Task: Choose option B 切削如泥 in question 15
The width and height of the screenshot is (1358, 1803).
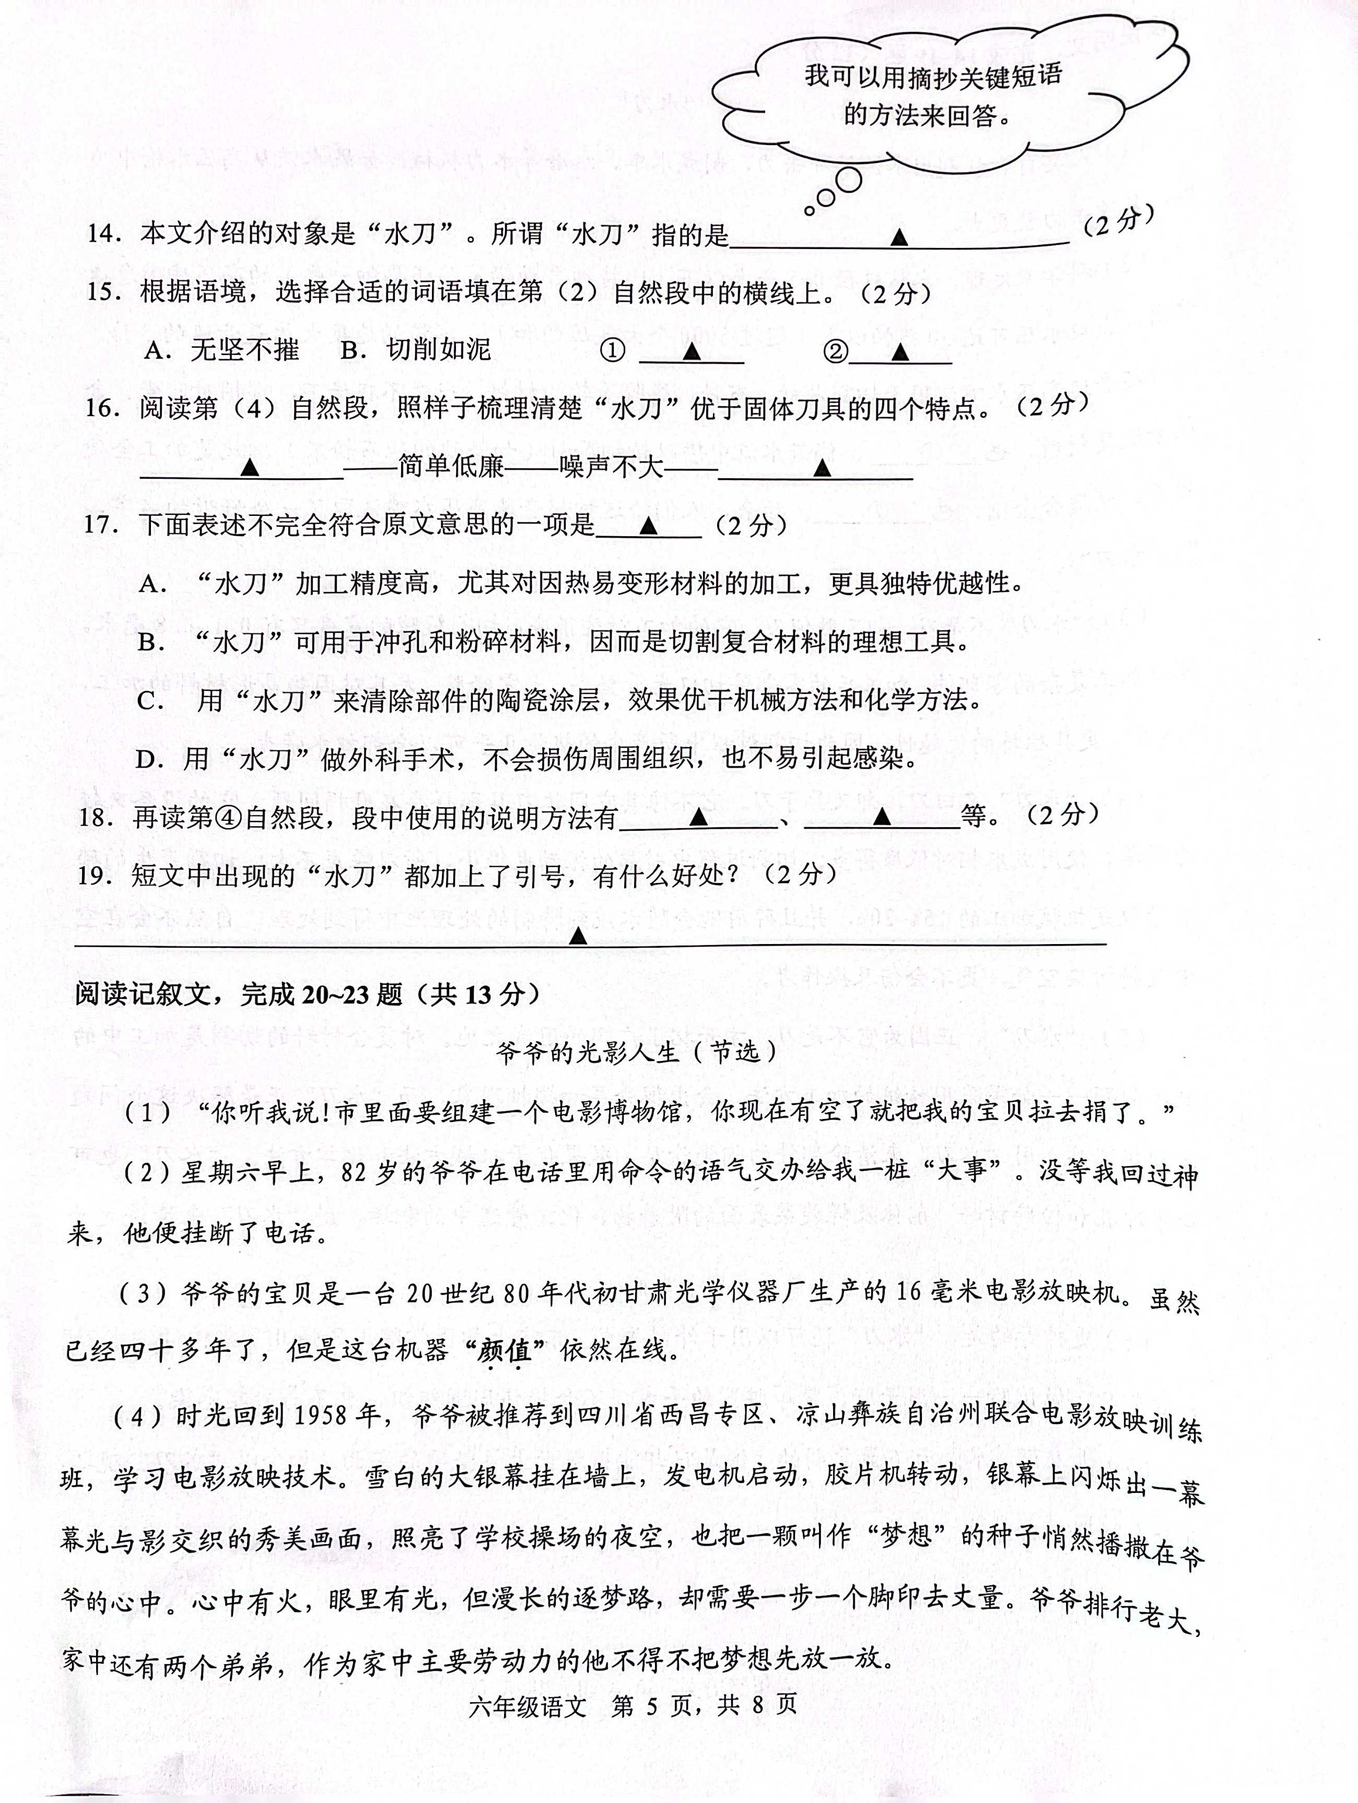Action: [x=416, y=350]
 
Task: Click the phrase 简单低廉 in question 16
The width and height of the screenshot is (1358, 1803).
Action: [x=451, y=466]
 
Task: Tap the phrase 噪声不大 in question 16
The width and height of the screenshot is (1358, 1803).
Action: [x=611, y=466]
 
